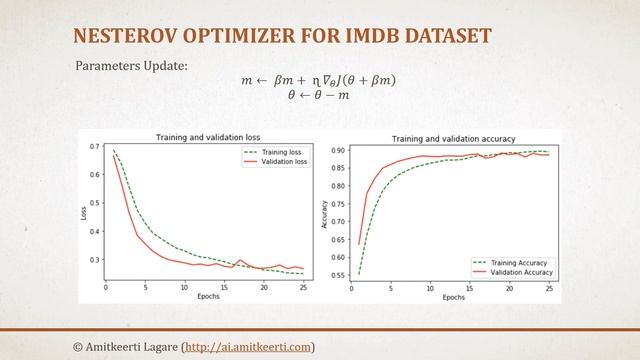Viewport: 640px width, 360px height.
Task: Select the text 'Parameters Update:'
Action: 131,66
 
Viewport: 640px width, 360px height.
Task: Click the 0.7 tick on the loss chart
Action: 94,147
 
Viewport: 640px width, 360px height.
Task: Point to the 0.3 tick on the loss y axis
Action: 94,260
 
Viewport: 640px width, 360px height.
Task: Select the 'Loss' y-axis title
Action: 83,213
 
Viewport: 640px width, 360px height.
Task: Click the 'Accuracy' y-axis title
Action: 323,213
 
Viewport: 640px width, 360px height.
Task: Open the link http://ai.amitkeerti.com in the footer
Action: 248,346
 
